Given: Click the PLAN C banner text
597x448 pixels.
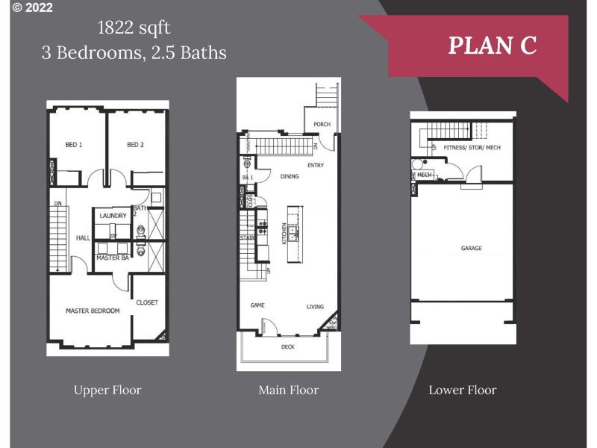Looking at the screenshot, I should pyautogui.click(x=492, y=45).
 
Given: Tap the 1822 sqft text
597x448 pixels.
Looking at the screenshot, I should pyautogui.click(x=134, y=28).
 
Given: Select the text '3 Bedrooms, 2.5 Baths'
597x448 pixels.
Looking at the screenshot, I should pyautogui.click(x=134, y=52).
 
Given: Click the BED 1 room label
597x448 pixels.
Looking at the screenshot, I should pyautogui.click(x=74, y=145).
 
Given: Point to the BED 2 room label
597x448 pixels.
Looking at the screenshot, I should pyautogui.click(x=135, y=145).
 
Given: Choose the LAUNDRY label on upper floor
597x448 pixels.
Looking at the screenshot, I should pyautogui.click(x=113, y=216).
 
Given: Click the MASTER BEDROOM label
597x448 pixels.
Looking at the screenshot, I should pyautogui.click(x=93, y=311).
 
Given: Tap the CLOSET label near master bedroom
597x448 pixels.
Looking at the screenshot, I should pyautogui.click(x=147, y=302).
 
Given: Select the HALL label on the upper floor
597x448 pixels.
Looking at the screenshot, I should pyautogui.click(x=83, y=238).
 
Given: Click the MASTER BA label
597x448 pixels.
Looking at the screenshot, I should pyautogui.click(x=112, y=258).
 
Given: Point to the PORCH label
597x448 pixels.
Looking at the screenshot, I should pyautogui.click(x=322, y=125).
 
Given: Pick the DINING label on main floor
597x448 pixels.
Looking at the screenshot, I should pyautogui.click(x=290, y=177).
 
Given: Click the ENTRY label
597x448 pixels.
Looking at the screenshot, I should pyautogui.click(x=315, y=165).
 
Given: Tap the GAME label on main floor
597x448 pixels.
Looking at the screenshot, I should pyautogui.click(x=258, y=306).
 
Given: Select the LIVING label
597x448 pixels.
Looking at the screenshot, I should pyautogui.click(x=315, y=307).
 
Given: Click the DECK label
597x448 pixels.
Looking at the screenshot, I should pyautogui.click(x=287, y=347).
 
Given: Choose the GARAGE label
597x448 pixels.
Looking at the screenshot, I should pyautogui.click(x=471, y=248).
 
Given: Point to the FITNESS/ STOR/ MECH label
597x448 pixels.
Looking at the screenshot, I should pyautogui.click(x=472, y=148).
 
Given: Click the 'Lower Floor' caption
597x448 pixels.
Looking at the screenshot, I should pyautogui.click(x=462, y=390).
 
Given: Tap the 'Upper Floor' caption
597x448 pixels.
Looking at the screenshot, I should pyautogui.click(x=107, y=390).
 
